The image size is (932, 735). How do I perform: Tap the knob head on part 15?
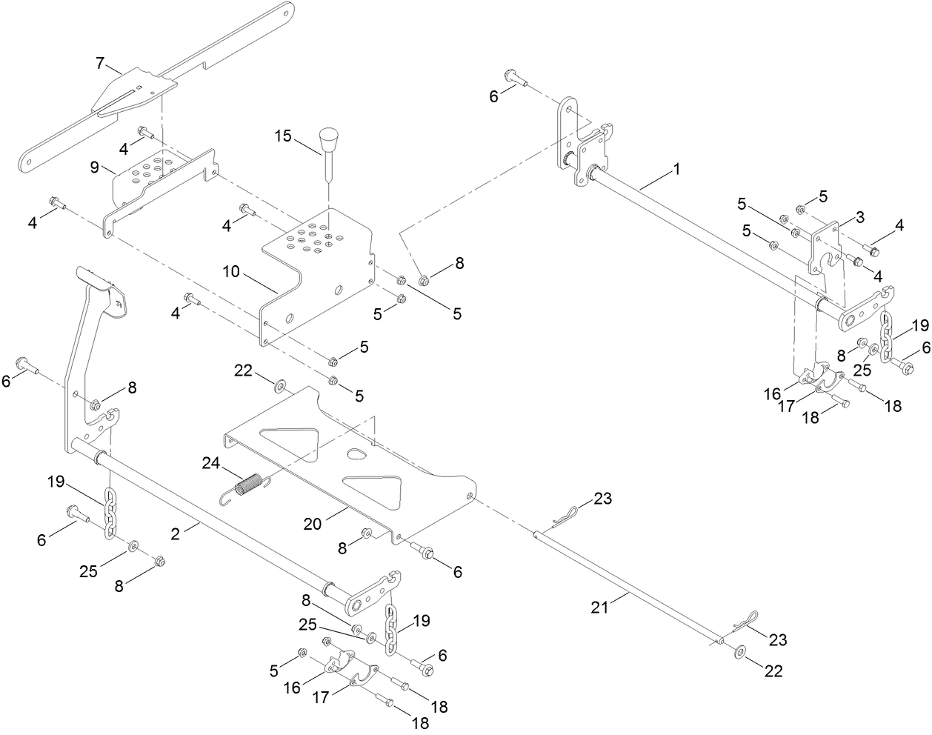pyautogui.click(x=327, y=139)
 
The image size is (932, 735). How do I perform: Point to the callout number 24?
pyautogui.click(x=212, y=464)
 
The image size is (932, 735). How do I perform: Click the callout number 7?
pyautogui.click(x=100, y=62)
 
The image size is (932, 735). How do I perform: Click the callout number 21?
pyautogui.click(x=599, y=607)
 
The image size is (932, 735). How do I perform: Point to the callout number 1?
pyautogui.click(x=675, y=170)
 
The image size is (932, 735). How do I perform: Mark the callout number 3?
pyautogui.click(x=859, y=217)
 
